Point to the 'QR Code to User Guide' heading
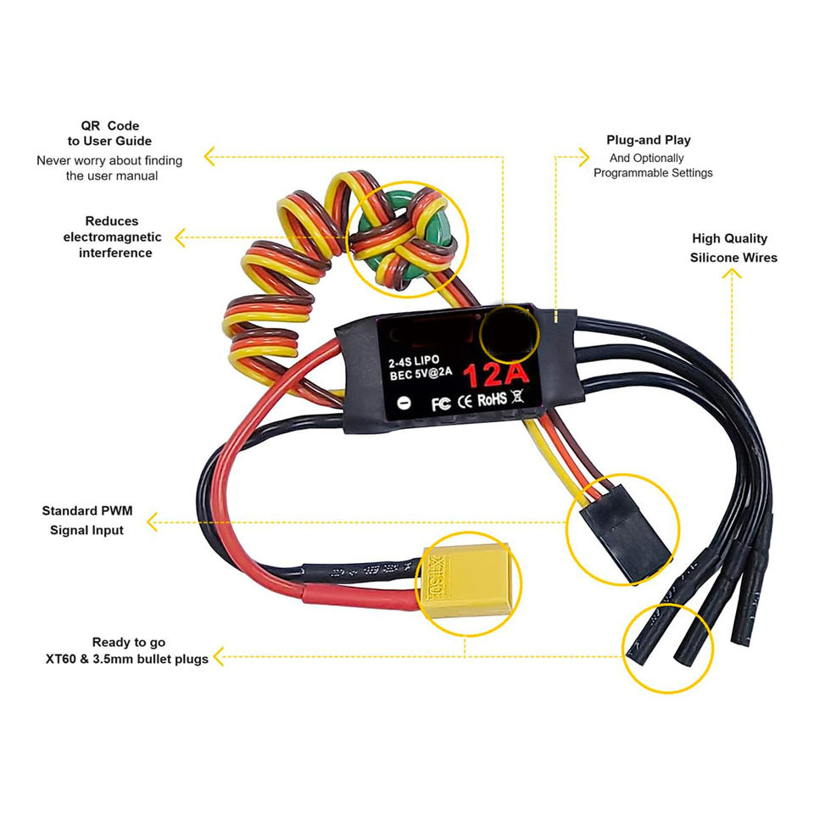[x=110, y=133]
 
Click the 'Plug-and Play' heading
[x=649, y=140]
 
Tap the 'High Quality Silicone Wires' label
[x=733, y=248]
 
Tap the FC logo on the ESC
[x=440, y=403]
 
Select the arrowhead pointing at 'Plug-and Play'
[x=583, y=156]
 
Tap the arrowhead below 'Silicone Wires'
[x=734, y=277]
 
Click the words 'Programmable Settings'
[x=653, y=173]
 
